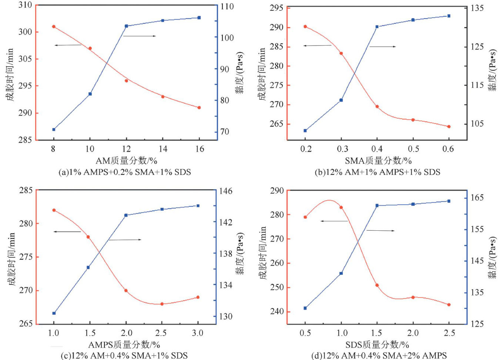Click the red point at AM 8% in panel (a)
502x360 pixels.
coord(54,27)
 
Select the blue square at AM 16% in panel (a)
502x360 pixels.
coord(199,18)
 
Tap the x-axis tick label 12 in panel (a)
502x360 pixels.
coord(126,149)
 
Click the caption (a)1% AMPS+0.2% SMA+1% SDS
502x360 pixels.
coord(125,172)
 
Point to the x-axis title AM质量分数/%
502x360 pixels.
coord(127,161)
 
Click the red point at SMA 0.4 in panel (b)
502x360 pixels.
coord(377,107)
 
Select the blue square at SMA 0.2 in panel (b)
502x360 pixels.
coord(305,131)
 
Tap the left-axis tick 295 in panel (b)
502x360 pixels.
coord(277,8)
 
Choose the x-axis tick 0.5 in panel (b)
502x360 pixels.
coord(413,149)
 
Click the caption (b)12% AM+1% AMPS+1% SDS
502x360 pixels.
coord(377,172)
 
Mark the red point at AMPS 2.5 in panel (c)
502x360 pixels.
coord(162,304)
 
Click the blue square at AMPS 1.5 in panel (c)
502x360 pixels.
coord(88,267)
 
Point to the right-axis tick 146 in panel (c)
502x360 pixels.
coord(225,191)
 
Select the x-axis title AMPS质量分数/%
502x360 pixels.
coord(124,345)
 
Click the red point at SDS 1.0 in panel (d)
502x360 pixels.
coord(341,207)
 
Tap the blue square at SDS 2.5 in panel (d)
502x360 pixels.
coord(449,201)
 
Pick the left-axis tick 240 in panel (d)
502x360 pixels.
coord(277,311)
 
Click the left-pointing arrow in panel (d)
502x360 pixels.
coord(334,221)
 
